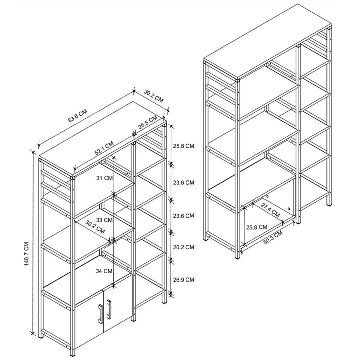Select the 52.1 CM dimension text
(103, 148)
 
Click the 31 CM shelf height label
(105, 177)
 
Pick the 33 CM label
(105, 219)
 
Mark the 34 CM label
(105, 270)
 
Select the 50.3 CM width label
(272, 238)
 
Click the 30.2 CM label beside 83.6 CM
(154, 95)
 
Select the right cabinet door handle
(108, 310)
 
